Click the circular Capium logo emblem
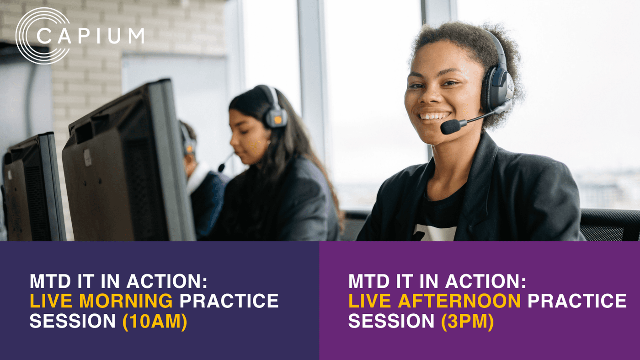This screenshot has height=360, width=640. pyautogui.click(x=42, y=36)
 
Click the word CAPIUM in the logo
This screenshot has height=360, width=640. pyautogui.click(x=91, y=35)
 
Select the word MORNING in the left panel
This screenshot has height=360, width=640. pyautogui.click(x=126, y=301)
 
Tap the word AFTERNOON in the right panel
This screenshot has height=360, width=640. pyautogui.click(x=459, y=301)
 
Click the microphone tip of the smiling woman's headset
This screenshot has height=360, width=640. pyautogui.click(x=450, y=127)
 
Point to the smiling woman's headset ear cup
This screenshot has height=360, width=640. pyautogui.click(x=497, y=87)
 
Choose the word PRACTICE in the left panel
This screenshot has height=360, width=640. pyautogui.click(x=229, y=301)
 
